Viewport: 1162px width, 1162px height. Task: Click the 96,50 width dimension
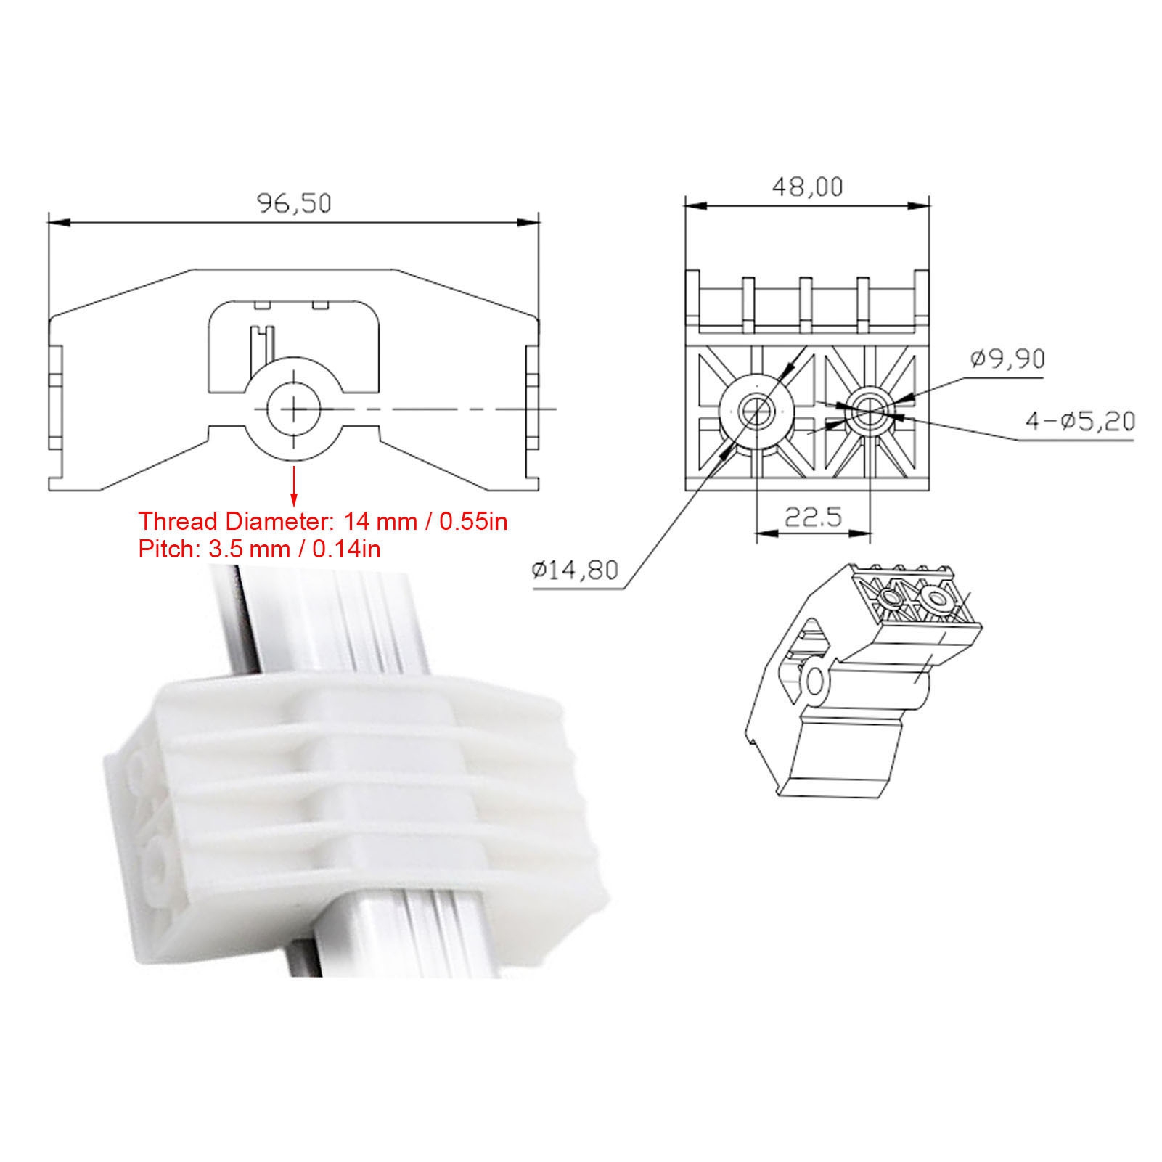[295, 203]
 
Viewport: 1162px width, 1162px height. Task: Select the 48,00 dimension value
[808, 187]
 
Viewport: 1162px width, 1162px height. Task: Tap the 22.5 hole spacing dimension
[814, 517]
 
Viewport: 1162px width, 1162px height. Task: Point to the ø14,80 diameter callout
[575, 570]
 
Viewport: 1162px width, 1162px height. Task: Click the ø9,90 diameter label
[1008, 359]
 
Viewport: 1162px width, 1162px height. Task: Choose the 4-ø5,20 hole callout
[1080, 421]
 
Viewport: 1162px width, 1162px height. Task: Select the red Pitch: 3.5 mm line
[259, 549]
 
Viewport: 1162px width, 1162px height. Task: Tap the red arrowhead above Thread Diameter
[295, 497]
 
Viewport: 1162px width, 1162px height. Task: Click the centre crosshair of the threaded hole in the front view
[295, 409]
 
